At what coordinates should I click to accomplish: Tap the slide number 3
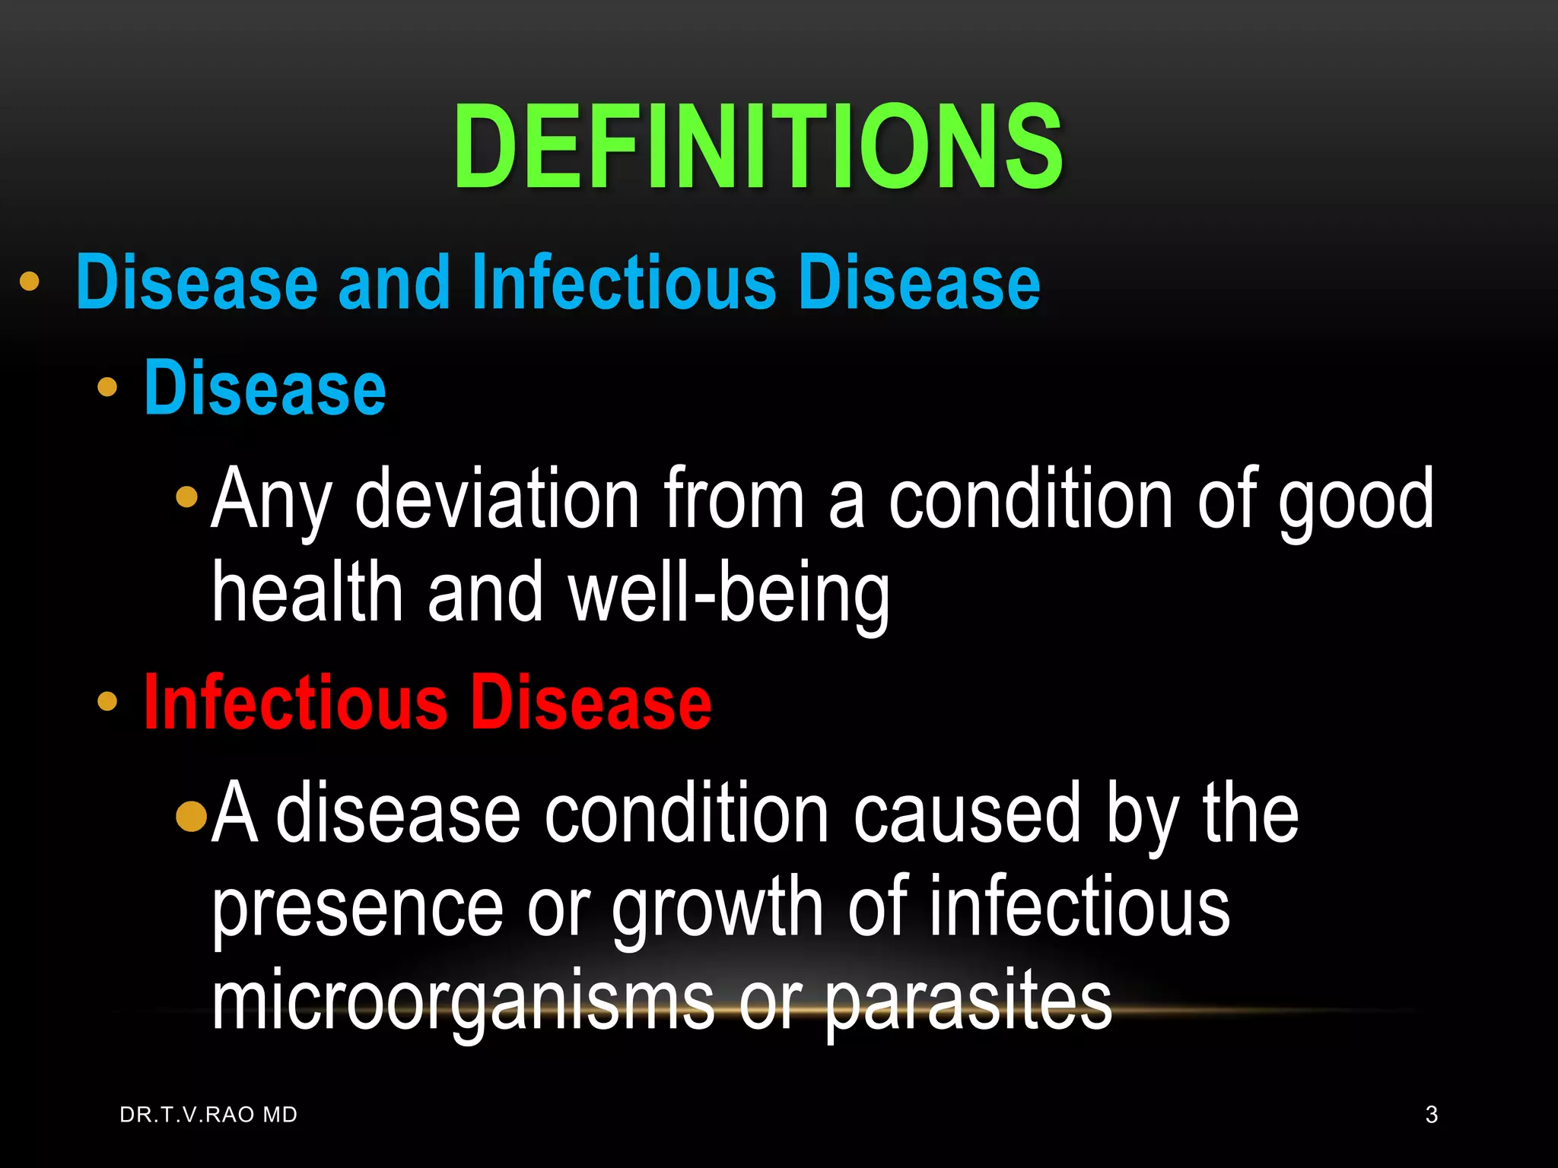1431,1115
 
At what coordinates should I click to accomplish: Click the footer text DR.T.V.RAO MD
208,1115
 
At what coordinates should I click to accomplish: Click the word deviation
498,500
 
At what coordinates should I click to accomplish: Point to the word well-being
729,592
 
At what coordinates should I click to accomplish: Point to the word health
307,592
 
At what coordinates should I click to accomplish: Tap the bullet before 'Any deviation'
186,498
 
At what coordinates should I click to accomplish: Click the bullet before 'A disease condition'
191,816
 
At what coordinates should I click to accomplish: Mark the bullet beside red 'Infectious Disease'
107,701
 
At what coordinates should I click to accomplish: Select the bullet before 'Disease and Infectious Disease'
29,281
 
